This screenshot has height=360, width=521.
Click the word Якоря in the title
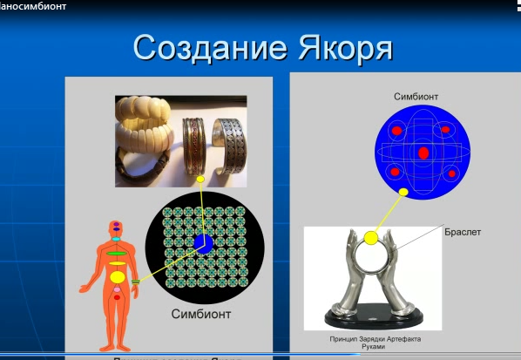click(x=339, y=50)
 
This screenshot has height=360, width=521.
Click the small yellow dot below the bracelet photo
click(x=200, y=180)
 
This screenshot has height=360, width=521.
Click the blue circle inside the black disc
click(x=202, y=242)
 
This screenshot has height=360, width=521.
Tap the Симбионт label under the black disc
click(x=202, y=312)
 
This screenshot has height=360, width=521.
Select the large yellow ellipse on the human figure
click(x=117, y=278)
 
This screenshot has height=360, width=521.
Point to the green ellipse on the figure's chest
click(x=117, y=251)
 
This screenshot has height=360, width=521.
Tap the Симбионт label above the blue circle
click(x=416, y=97)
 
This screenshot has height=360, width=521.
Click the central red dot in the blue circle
click(x=423, y=153)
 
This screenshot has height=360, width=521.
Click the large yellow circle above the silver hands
click(x=371, y=237)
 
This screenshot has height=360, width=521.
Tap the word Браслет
click(x=463, y=233)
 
